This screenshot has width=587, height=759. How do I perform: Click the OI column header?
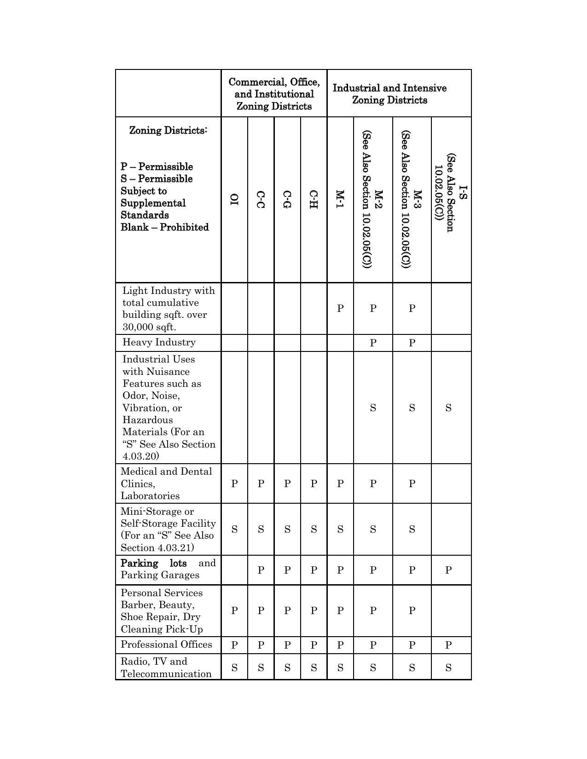coord(234,199)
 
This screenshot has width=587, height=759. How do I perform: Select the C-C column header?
coord(261,199)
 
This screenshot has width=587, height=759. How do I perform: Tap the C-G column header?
coord(287,199)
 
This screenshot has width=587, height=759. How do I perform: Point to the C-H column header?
coord(314,199)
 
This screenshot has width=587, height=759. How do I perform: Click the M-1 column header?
coord(340,199)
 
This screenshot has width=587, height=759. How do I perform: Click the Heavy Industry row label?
coord(159,342)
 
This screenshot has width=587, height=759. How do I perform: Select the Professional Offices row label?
coord(166,644)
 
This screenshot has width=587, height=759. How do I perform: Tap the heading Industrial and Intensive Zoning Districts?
coord(389,94)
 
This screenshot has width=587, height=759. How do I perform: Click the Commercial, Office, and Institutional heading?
coord(274,94)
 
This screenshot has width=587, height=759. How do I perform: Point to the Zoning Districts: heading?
coord(168,130)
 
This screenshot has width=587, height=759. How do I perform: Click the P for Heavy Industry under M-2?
coord(373,343)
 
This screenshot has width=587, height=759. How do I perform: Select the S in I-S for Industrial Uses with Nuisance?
coord(448,408)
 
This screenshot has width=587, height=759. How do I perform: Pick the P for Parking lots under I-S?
coord(448,570)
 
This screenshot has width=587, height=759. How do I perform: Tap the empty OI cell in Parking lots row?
coord(234,570)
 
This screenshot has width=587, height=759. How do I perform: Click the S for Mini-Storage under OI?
coord(234,529)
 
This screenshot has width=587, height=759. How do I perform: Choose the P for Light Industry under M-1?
coord(340,308)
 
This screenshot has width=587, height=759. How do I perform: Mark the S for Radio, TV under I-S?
coord(448,667)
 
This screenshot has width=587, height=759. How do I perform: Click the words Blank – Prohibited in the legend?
coord(165,227)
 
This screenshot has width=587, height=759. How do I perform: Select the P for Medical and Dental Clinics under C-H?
coord(314,483)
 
